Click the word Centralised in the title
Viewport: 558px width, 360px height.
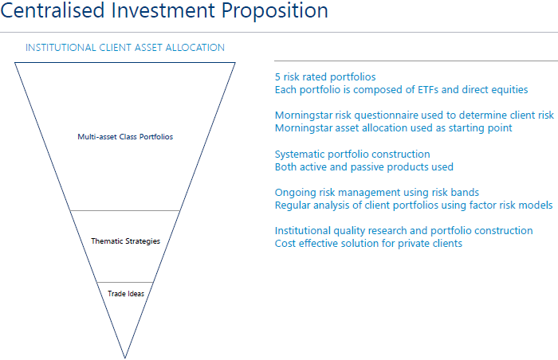[53, 10]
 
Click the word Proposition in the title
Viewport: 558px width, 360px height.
[274, 11]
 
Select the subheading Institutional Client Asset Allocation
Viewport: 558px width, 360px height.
[125, 48]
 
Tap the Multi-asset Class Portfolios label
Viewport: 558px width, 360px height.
[125, 137]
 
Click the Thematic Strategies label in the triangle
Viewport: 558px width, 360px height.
[126, 241]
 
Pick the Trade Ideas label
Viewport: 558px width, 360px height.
[126, 294]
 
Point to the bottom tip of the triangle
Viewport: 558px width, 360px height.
[125, 358]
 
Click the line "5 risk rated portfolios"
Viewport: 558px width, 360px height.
[325, 77]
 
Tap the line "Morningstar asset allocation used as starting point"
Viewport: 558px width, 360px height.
[394, 128]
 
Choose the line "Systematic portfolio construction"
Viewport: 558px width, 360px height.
[352, 155]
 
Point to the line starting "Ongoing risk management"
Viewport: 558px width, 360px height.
[377, 193]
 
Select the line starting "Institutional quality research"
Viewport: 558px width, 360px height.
[404, 231]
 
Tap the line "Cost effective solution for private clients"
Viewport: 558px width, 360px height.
[368, 244]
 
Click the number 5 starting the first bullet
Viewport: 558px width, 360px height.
[277, 77]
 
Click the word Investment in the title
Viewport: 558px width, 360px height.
[163, 10]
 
